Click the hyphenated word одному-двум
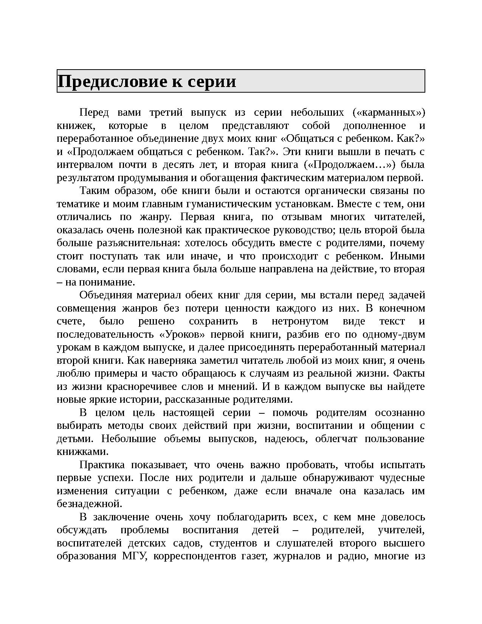[x=394, y=335]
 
